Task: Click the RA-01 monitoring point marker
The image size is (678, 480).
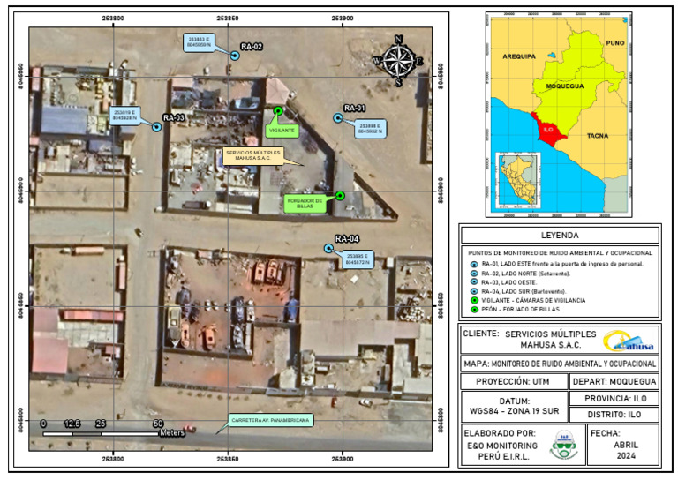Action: point(337,118)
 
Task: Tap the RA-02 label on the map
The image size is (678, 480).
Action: point(252,47)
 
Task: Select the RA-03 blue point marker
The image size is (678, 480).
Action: point(156,127)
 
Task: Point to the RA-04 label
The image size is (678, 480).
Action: point(347,239)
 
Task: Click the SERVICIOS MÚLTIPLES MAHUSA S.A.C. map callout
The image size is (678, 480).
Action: point(252,155)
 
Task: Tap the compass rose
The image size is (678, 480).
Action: point(399,59)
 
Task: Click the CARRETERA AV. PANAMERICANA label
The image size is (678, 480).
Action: point(271,421)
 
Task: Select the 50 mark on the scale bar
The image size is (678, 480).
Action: point(157,424)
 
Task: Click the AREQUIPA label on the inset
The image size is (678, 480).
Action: point(519,56)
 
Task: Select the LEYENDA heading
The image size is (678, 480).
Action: point(560,236)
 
